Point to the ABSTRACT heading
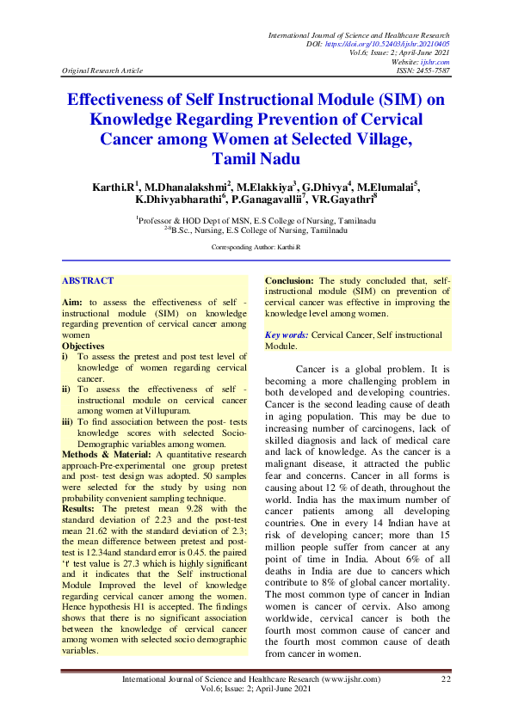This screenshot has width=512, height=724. click(x=88, y=280)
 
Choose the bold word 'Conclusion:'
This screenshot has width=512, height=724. click(x=291, y=280)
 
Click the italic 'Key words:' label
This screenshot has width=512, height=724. click(x=287, y=334)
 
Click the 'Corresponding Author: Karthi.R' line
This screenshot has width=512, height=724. click(x=256, y=246)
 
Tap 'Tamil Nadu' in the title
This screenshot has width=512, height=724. click(x=256, y=158)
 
